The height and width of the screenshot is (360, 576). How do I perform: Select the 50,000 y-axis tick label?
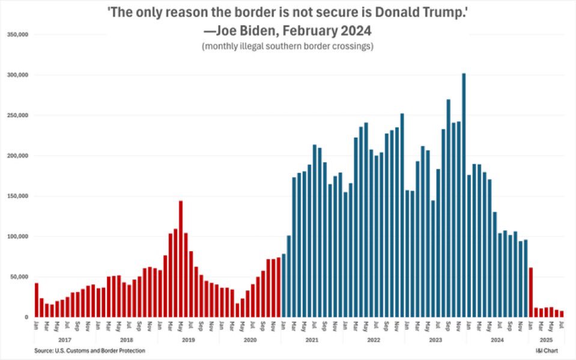(19, 277)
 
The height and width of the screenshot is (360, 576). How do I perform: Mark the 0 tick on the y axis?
(26, 317)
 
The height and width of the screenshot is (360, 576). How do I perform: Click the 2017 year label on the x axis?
(65, 340)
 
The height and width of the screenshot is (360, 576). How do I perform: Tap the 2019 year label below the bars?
(189, 340)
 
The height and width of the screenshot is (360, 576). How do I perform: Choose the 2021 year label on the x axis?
(312, 340)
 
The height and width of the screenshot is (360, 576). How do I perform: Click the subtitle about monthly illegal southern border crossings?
(288, 46)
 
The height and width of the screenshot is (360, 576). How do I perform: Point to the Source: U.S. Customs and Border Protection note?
(89, 350)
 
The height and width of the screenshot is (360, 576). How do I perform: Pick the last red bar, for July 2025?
(562, 314)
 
